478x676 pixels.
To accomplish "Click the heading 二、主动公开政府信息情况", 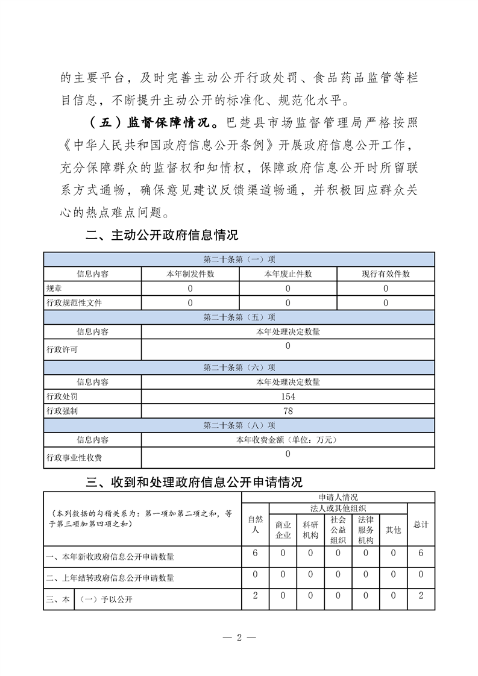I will tap(162, 236).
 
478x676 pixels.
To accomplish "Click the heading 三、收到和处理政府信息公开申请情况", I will tap(194, 482).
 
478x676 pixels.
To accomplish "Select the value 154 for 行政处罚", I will tap(288, 396).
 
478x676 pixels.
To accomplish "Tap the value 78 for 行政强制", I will tap(288, 411).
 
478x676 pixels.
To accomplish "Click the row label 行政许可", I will tap(61, 349).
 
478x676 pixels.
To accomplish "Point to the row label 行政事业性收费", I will tap(74, 458).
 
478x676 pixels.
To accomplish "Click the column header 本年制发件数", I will tap(190, 274).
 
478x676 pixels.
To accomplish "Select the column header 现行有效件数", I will tap(386, 274).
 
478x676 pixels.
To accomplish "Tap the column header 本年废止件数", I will tap(288, 274).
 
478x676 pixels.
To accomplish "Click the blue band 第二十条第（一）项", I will tap(239, 260).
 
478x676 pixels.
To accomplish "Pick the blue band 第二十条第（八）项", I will tap(239, 426).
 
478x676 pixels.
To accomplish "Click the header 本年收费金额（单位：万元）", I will tap(288, 440).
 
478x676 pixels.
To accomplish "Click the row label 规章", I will tap(54, 288).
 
